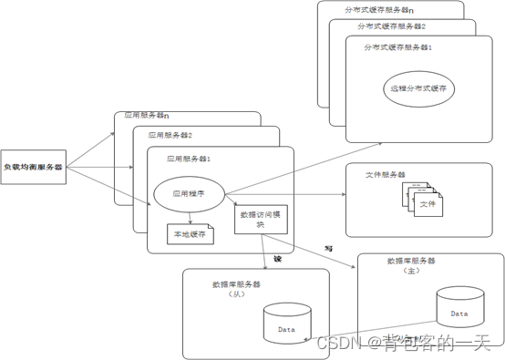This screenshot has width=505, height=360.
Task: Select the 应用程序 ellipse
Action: pyautogui.click(x=180, y=193)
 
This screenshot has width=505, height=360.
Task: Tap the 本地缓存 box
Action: pyautogui.click(x=190, y=233)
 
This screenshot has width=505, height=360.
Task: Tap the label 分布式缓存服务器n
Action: pyautogui.click(x=378, y=9)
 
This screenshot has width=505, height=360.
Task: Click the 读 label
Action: pyautogui.click(x=277, y=260)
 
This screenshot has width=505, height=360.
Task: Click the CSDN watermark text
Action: pyautogui.click(x=406, y=343)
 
